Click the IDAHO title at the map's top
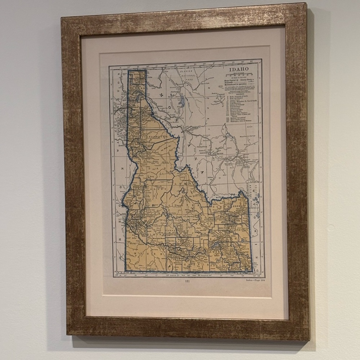[239, 69]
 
